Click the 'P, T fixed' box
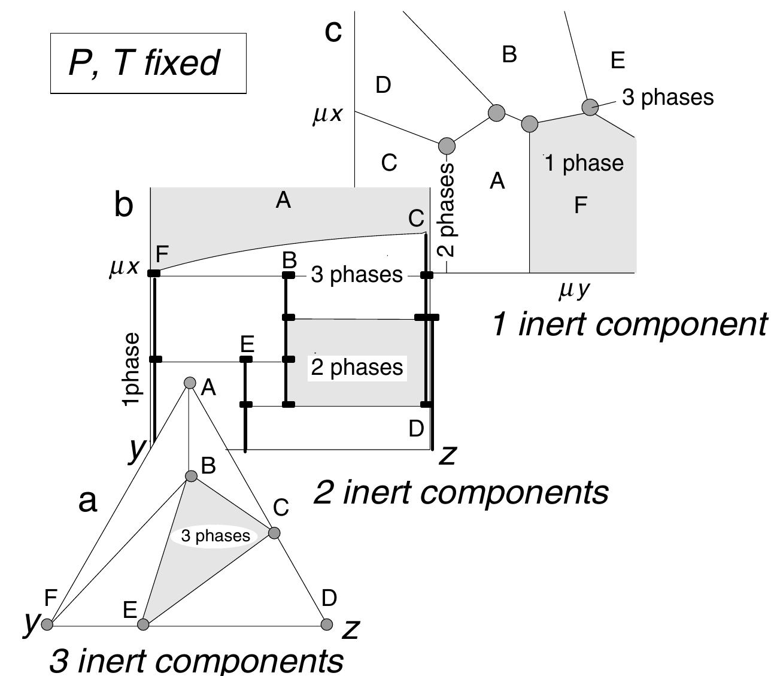[x=148, y=63]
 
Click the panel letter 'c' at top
[x=333, y=31]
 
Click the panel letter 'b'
[x=123, y=205]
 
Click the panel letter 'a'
[x=87, y=501]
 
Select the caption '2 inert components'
[x=461, y=492]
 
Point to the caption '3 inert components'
[x=196, y=660]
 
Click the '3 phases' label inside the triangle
[x=215, y=535]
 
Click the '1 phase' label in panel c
[x=584, y=163]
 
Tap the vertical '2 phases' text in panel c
[x=446, y=210]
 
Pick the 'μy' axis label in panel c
[x=574, y=290]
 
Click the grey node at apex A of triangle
[x=190, y=383]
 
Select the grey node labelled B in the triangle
[x=191, y=476]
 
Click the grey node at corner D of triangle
[x=327, y=625]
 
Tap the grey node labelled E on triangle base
[x=143, y=625]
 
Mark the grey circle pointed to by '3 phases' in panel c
[x=590, y=107]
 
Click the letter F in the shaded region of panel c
[x=580, y=205]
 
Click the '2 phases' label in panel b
[x=357, y=367]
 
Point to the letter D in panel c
[x=383, y=85]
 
